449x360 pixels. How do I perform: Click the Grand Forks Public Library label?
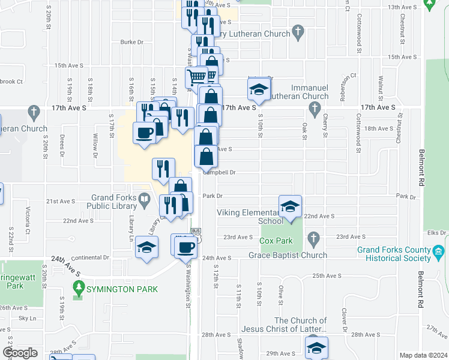click(114, 201)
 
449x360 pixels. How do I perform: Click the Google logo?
click(20, 353)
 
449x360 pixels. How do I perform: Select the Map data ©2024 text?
click(423, 355)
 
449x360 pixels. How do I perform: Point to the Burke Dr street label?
click(132, 42)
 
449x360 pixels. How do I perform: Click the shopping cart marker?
click(196, 77)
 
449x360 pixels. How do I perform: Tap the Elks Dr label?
click(438, 232)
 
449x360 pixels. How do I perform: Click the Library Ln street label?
click(130, 227)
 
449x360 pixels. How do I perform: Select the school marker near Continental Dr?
click(147, 247)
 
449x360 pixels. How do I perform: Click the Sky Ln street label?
click(28, 318)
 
